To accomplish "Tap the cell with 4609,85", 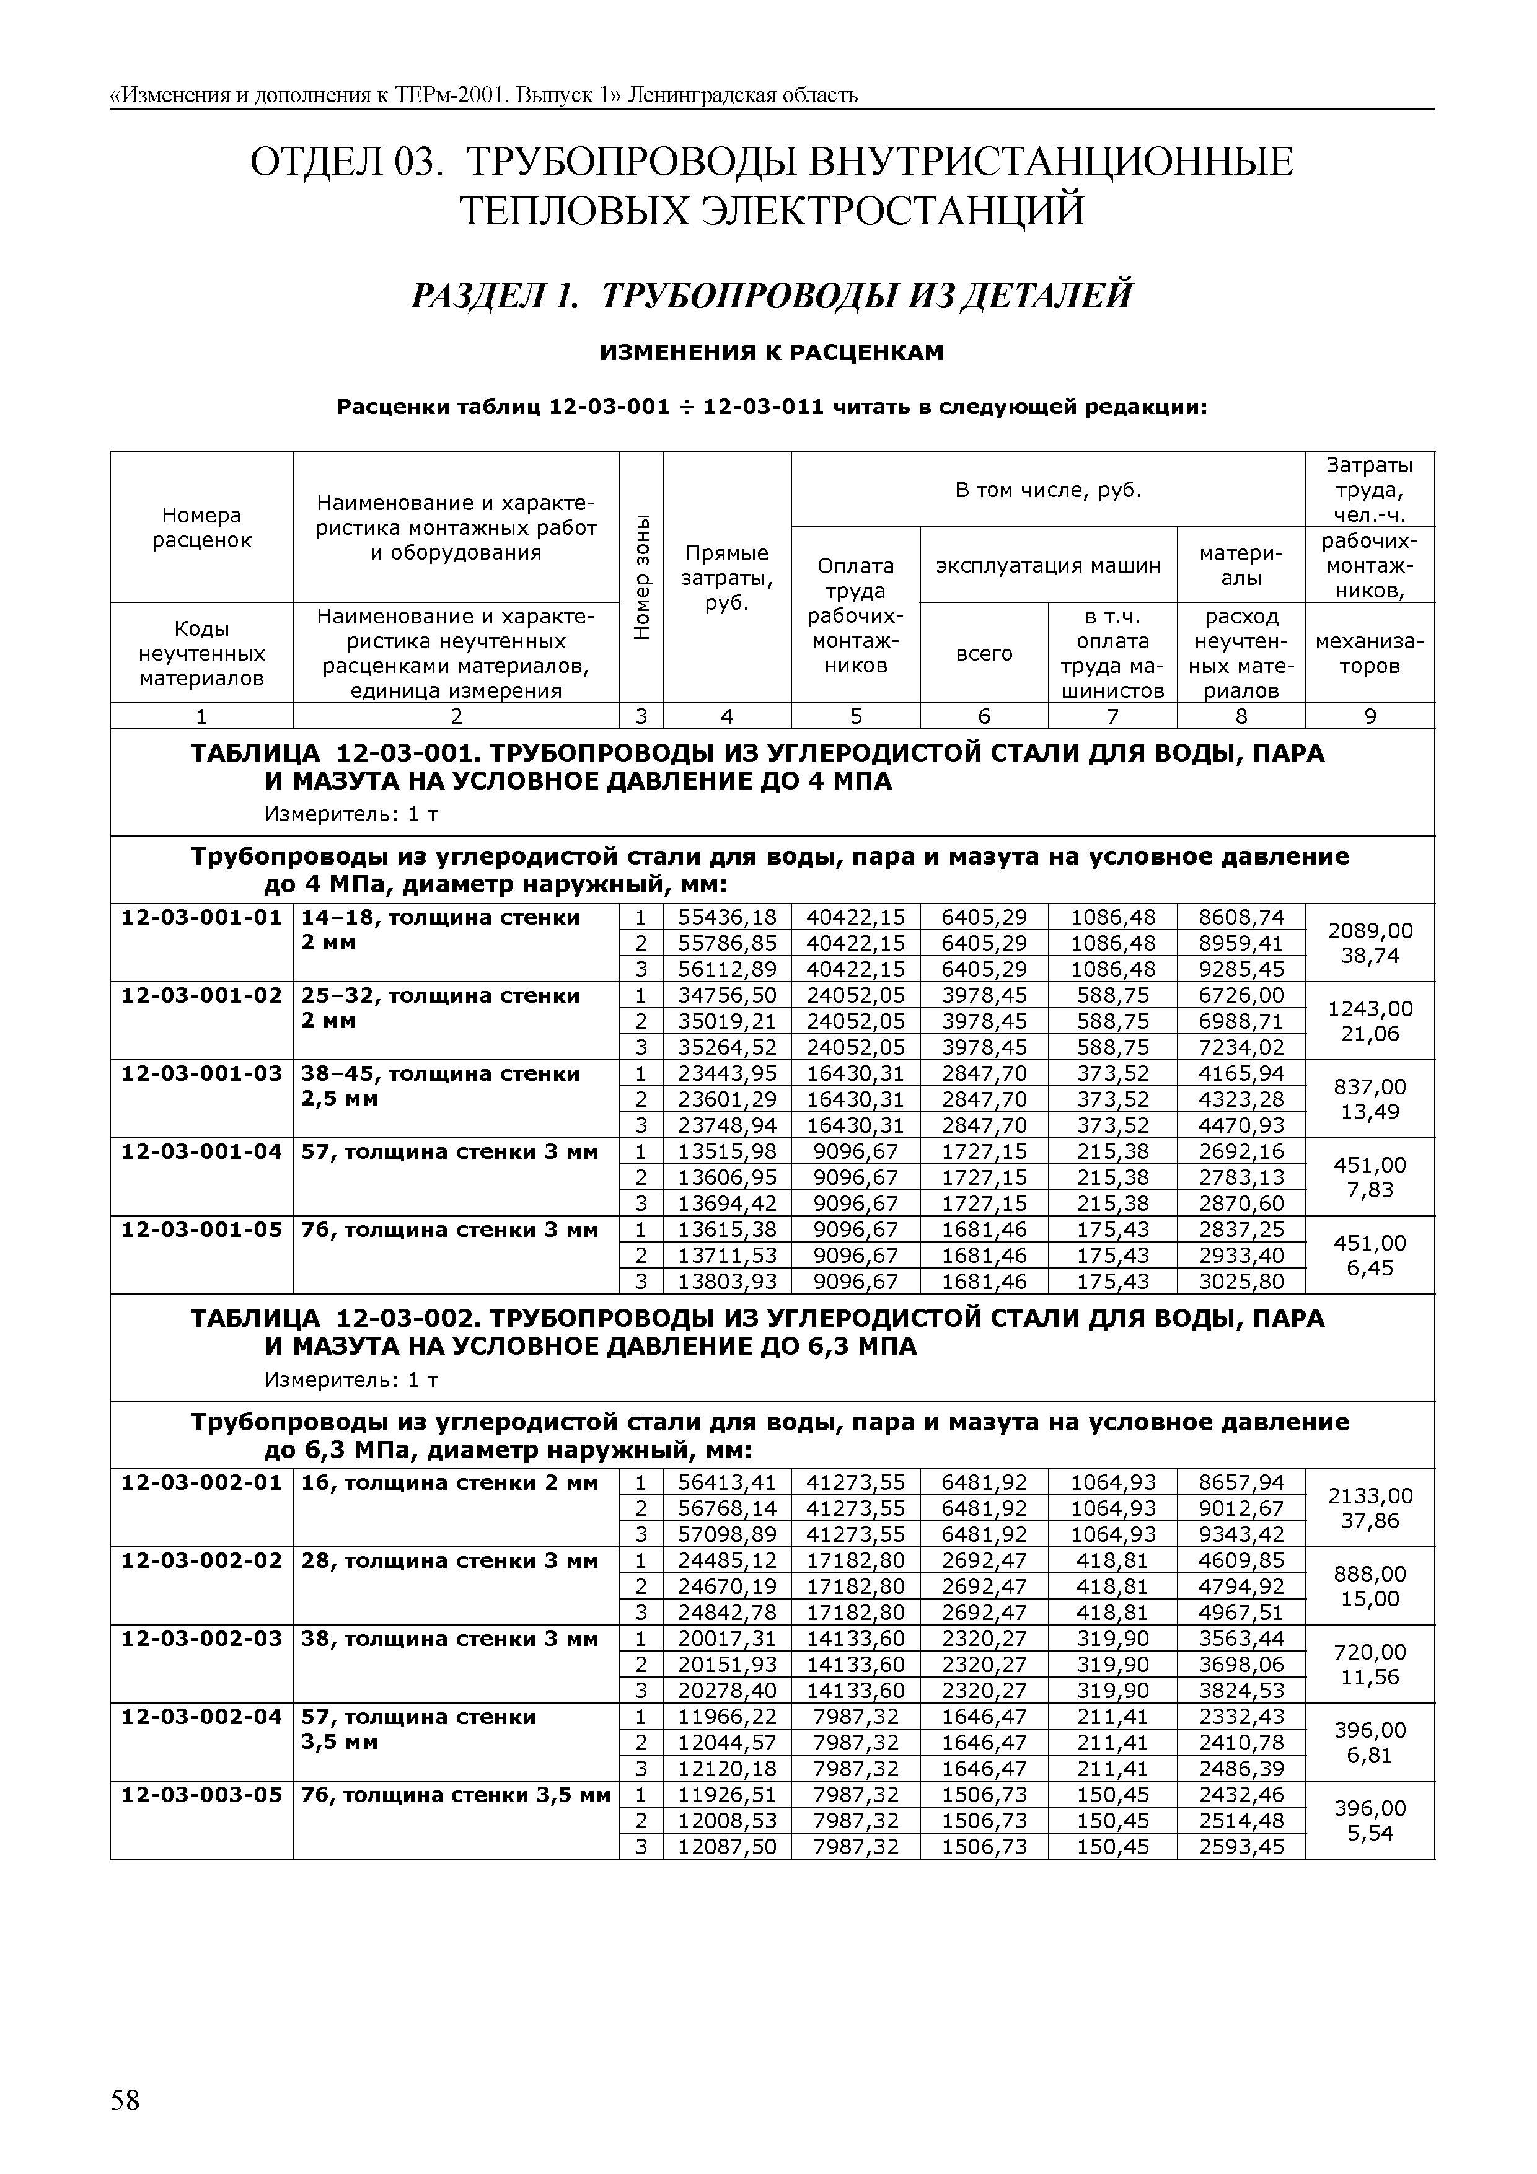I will click(1241, 1560).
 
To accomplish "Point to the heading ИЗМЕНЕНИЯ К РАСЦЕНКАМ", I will click(772, 353).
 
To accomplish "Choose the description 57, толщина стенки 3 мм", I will click(450, 1151).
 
